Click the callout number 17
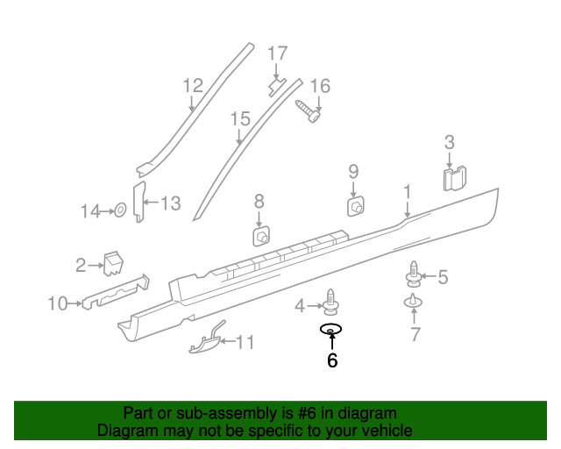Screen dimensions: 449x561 coord(277,53)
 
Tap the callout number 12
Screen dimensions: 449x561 coord(193,85)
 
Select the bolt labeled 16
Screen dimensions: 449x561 coord(307,110)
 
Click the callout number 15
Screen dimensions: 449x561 coord(240,118)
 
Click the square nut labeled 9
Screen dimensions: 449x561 coord(356,207)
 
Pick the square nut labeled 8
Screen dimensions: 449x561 coord(260,237)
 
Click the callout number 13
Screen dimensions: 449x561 coord(170,204)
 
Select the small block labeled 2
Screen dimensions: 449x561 coord(112,261)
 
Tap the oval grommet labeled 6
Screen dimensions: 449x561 coord(331,330)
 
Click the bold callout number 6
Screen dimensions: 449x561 coord(332,360)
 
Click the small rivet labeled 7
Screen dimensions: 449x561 coord(413,303)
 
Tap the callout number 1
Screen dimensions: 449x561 coord(408,191)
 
